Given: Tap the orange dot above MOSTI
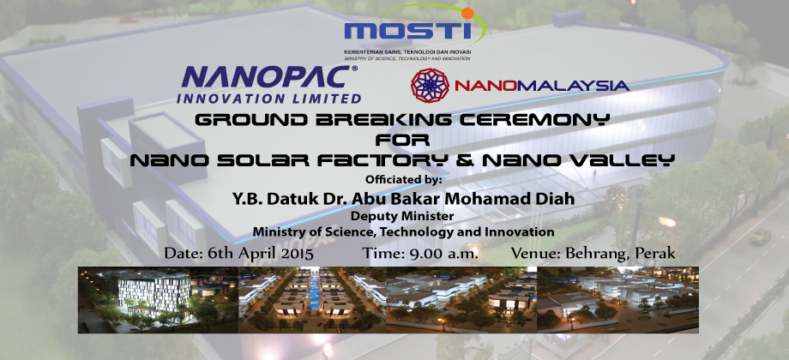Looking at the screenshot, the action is point(467,14).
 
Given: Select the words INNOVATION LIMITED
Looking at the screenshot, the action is point(268,98).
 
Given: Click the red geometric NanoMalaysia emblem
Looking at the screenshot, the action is point(430,86).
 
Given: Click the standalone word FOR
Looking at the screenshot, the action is point(402,140).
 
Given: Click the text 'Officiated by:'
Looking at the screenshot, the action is point(404,179).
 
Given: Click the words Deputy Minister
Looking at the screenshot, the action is point(402,217).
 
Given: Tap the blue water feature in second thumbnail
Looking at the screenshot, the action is point(311,291).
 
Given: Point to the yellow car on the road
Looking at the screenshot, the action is point(760,237).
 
